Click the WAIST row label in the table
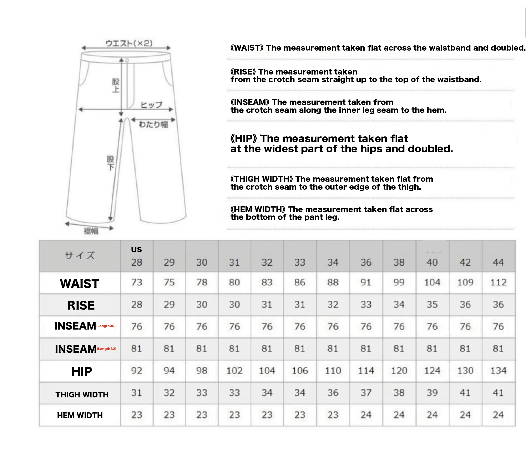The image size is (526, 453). coord(80,284)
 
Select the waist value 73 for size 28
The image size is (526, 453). coord(137,283)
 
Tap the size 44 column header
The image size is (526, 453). coord(498,262)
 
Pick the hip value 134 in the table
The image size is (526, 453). coord(498,371)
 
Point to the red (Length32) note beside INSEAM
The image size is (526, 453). coord(106,349)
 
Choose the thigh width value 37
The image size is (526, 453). coord(366,393)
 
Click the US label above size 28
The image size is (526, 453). coord(136,249)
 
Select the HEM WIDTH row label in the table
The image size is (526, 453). coord(80,415)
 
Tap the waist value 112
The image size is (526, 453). coord(498,283)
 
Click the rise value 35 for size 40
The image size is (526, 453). coord(432,305)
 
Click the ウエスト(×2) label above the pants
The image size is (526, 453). coord(129,43)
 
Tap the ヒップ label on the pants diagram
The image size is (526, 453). coord(151,105)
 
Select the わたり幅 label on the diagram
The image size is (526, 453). coord(153,124)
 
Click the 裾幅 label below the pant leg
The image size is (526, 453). coord(91,231)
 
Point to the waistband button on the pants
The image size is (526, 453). coord(127,60)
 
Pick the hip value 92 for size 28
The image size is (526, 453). coord(137,371)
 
